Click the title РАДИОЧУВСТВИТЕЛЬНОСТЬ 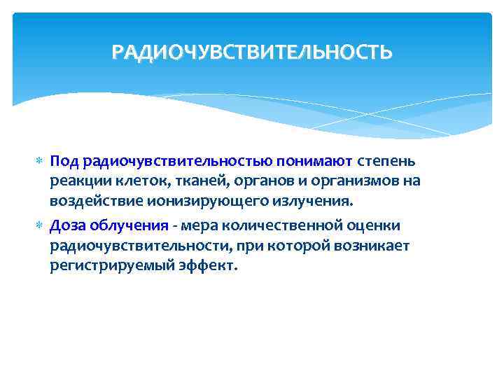pos(252,52)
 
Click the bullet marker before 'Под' pos(39,162)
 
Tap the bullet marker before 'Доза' pos(39,226)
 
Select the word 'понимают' pos(320,162)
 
